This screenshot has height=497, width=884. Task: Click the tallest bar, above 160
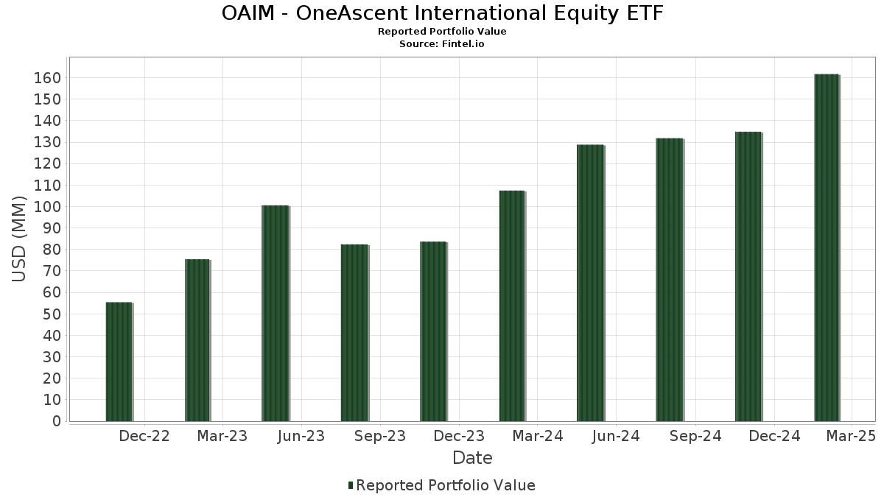tap(827, 247)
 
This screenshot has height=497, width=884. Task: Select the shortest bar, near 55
tap(119, 362)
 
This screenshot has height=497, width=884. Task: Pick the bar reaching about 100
tap(276, 313)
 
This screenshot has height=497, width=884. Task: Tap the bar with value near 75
tap(197, 340)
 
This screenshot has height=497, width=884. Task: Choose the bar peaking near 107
tap(512, 306)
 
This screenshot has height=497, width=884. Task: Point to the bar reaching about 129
tap(590, 283)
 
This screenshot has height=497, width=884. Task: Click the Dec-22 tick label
tap(144, 436)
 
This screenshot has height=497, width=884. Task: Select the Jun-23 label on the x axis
tap(301, 436)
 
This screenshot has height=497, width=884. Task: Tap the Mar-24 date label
tap(538, 436)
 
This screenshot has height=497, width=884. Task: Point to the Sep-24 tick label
tap(695, 436)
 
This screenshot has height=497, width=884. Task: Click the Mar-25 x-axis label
tap(852, 436)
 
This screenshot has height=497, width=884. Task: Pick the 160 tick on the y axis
tap(47, 78)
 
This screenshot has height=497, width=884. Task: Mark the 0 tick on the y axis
tap(57, 421)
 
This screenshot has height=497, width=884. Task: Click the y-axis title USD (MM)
tap(18, 239)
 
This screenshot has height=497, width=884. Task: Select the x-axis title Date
tap(472, 458)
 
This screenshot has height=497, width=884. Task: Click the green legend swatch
tap(351, 485)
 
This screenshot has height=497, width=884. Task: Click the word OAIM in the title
tap(248, 13)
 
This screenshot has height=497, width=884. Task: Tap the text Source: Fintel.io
tap(441, 43)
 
